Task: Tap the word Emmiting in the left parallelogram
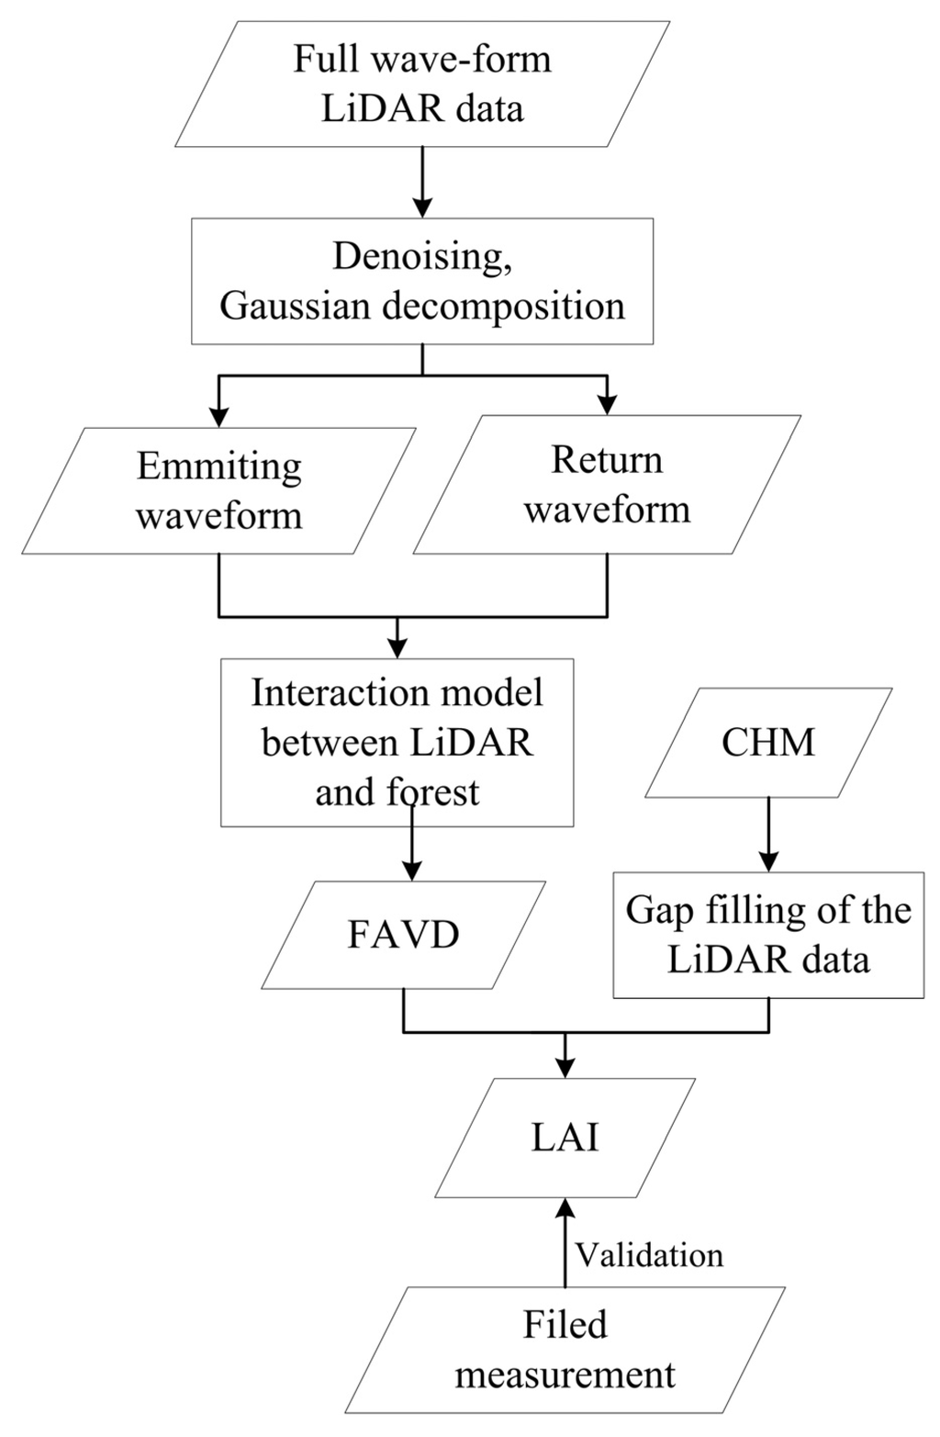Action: point(218,466)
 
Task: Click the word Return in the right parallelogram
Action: point(606,460)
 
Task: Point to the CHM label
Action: point(768,742)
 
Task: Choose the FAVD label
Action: point(403,935)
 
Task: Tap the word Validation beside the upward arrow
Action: point(649,1254)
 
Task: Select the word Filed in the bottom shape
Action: point(565,1325)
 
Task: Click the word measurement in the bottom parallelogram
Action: point(565,1375)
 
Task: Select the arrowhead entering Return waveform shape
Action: point(606,404)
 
